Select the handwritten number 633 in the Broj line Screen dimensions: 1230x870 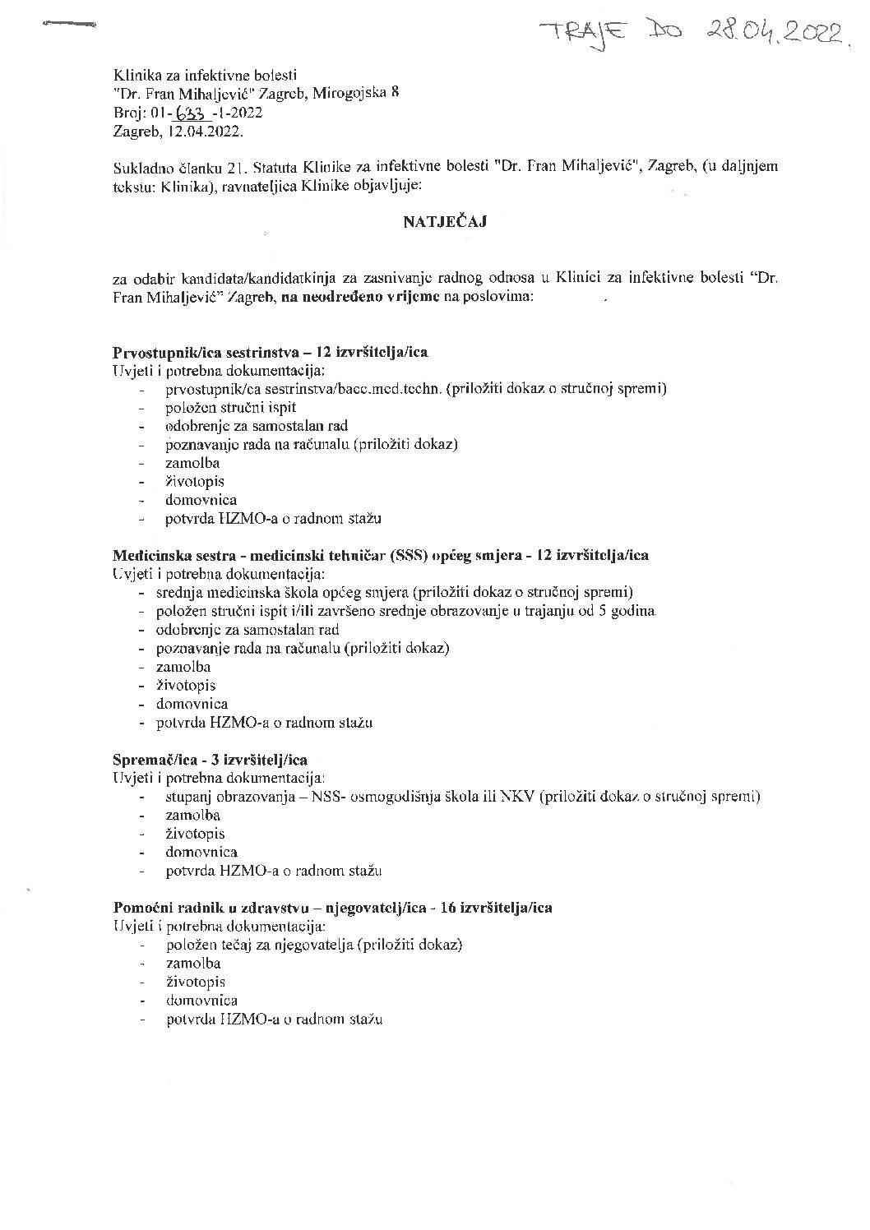click(x=193, y=113)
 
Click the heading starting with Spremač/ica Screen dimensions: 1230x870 click(x=210, y=759)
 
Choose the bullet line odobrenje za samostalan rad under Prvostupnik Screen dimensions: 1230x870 click(x=256, y=426)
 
